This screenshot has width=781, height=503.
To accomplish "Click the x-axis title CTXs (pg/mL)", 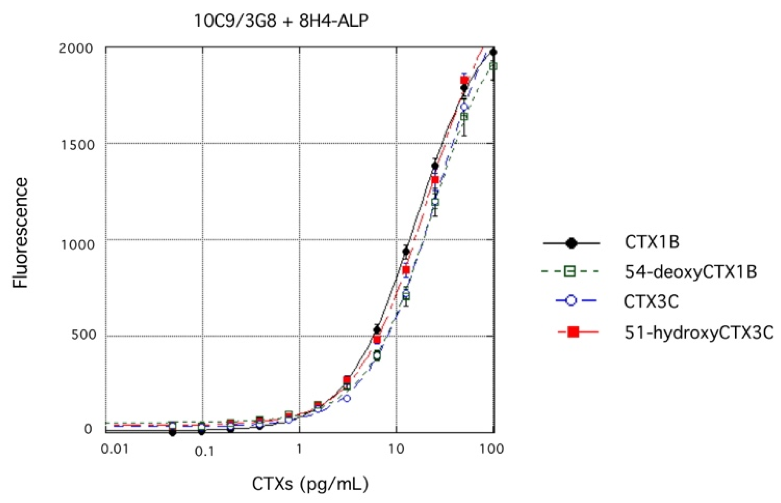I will [x=310, y=483].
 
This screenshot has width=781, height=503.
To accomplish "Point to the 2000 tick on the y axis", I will [x=76, y=49].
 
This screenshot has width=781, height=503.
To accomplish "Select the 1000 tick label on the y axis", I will [x=77, y=244].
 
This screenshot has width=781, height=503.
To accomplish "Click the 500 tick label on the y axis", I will [x=83, y=335].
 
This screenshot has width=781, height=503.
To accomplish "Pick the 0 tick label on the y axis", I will [x=88, y=429].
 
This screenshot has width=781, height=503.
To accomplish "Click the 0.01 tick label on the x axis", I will [x=114, y=449].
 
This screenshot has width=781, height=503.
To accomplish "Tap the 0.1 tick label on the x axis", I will [x=204, y=451].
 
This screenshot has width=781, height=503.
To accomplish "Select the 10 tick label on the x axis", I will [x=396, y=449].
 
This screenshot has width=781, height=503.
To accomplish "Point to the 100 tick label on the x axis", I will [x=492, y=449].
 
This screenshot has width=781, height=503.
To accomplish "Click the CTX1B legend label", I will [x=652, y=242].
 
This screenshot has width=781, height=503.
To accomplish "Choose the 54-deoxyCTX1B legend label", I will [x=690, y=272].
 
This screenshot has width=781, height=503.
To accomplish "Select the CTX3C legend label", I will [x=651, y=301].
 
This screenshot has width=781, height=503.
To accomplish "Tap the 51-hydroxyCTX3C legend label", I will [x=699, y=332].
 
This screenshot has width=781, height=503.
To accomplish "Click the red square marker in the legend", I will [x=573, y=332].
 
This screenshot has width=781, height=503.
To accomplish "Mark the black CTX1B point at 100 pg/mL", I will [x=493, y=52].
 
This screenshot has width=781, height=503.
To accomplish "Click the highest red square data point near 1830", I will [x=464, y=81].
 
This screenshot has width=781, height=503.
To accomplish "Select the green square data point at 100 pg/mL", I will [x=493, y=67].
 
